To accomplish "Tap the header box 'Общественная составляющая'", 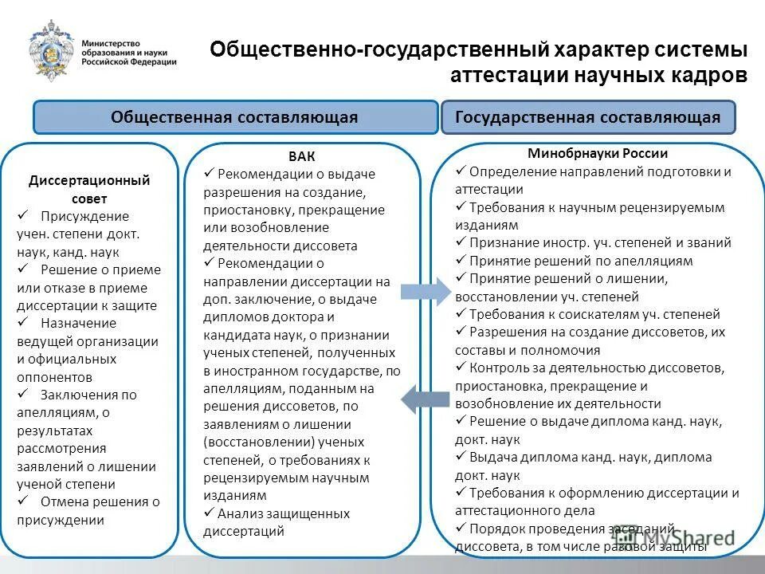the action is (x=234, y=117).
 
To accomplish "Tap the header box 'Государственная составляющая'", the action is (x=587, y=117).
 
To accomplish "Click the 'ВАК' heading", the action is (x=302, y=156).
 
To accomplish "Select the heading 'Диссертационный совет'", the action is (x=89, y=189).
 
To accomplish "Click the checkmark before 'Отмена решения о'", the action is (x=23, y=501).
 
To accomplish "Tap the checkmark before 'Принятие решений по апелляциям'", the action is (x=461, y=261).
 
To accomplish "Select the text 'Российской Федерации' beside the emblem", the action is (x=129, y=62).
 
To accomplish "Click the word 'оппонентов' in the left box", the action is (x=54, y=377).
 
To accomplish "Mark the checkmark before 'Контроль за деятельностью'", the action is (x=461, y=368).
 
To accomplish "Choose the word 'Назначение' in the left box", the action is (x=78, y=323).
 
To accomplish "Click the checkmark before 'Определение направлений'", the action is (x=461, y=171).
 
